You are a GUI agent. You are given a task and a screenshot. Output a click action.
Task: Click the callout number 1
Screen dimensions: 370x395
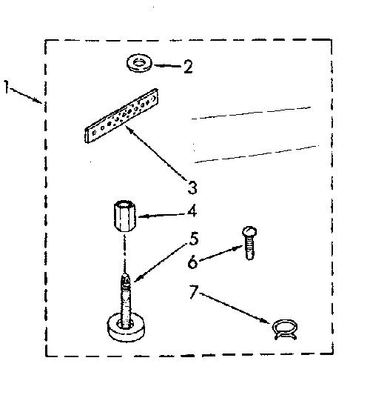(6, 87)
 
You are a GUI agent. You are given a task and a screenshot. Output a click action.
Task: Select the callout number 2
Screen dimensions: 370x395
(188, 67)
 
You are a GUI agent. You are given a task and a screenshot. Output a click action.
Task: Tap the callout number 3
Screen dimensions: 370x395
(192, 187)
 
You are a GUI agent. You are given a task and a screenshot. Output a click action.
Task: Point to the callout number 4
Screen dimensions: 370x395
(192, 211)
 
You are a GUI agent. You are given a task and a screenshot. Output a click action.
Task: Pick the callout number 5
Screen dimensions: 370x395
(194, 239)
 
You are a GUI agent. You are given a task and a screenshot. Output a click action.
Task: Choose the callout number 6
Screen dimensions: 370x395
(192, 262)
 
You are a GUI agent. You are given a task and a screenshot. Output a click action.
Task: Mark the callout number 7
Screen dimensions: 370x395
(194, 292)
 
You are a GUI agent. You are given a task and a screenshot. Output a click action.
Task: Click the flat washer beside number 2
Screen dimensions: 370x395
(139, 64)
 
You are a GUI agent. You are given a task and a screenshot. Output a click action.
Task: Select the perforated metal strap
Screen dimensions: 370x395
(121, 116)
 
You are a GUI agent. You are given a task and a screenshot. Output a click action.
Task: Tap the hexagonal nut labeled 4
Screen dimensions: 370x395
(124, 216)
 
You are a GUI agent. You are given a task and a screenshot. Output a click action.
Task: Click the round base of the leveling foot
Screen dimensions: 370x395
(126, 327)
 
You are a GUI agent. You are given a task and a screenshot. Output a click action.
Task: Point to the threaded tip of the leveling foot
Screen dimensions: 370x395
(125, 280)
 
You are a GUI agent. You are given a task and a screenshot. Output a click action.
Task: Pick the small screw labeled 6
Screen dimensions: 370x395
(249, 243)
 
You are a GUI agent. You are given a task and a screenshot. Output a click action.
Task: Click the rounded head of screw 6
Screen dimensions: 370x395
(249, 231)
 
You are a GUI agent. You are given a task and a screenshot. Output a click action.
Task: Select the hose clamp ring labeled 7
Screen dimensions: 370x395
(285, 330)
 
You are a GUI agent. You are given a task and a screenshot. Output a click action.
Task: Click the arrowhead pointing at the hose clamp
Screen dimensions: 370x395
(269, 321)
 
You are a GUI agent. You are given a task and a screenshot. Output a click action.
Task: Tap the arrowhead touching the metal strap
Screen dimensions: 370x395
(128, 128)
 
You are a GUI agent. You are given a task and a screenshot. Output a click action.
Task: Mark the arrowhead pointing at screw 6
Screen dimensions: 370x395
(237, 248)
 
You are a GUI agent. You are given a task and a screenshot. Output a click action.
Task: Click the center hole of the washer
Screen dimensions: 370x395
(138, 62)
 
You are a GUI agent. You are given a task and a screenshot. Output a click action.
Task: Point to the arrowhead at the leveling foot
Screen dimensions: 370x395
(138, 278)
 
